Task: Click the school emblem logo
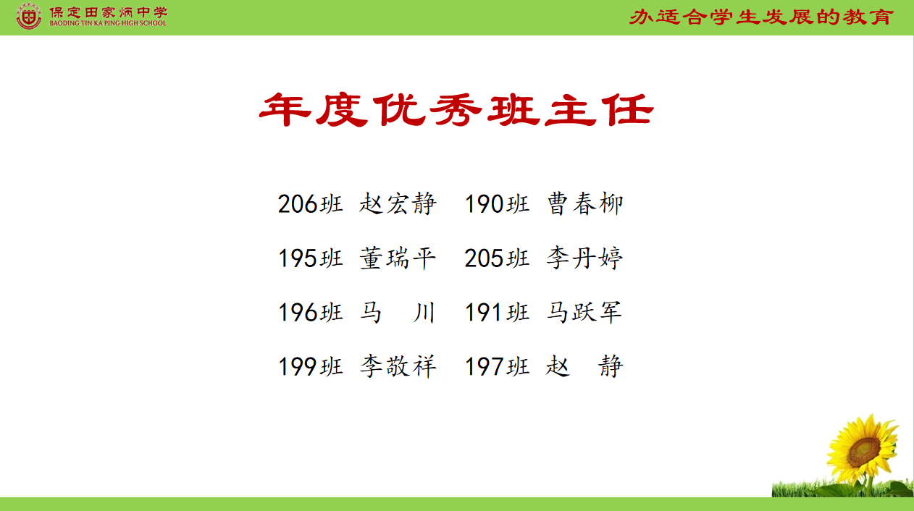pos(28,17)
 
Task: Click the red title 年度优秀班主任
pos(456,110)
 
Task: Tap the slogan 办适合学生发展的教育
pos(761,17)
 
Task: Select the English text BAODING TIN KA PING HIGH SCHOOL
pos(108,23)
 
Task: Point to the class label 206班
pos(311,203)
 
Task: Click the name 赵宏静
pos(398,203)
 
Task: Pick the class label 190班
pos(498,203)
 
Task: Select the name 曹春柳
pos(584,203)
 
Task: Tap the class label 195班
pos(311,258)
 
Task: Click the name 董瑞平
pos(398,258)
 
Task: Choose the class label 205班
pos(498,258)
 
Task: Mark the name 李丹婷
pos(584,258)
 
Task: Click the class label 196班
pos(311,313)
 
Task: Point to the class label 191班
pos(498,313)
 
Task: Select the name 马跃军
pos(584,312)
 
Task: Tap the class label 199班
pos(311,366)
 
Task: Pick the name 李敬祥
pos(398,366)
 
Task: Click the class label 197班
pos(498,366)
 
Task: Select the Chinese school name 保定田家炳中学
pos(109,12)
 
